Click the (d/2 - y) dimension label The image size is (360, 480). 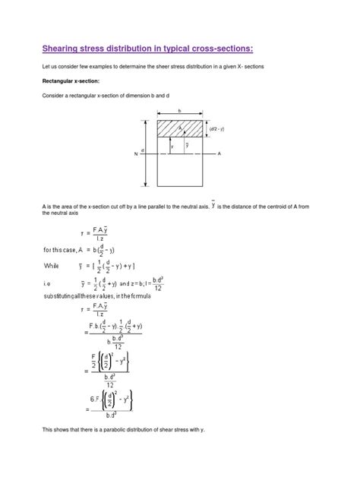217,129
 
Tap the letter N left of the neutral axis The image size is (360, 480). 136,154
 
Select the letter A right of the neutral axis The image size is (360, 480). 219,153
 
